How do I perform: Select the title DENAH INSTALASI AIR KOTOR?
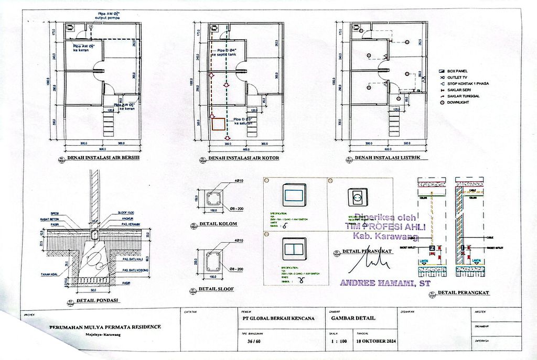click(243, 158)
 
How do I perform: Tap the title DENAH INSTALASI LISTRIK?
click(388, 158)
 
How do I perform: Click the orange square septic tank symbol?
click(218, 124)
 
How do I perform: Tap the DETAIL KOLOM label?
click(223, 224)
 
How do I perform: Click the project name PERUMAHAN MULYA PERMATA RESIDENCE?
click(105, 327)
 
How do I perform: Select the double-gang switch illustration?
click(294, 249)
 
